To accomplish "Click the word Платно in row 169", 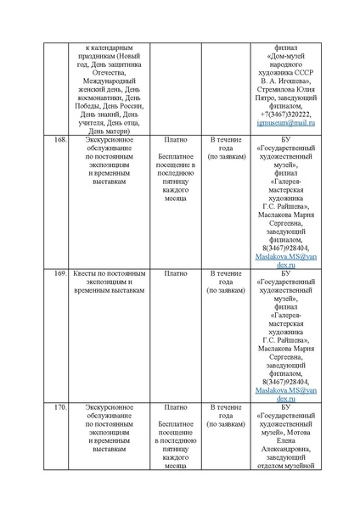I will click(x=176, y=274).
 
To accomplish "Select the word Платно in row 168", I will click(x=176, y=137).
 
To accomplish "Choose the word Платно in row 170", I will click(x=176, y=408).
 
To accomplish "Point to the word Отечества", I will click(x=114, y=68).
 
